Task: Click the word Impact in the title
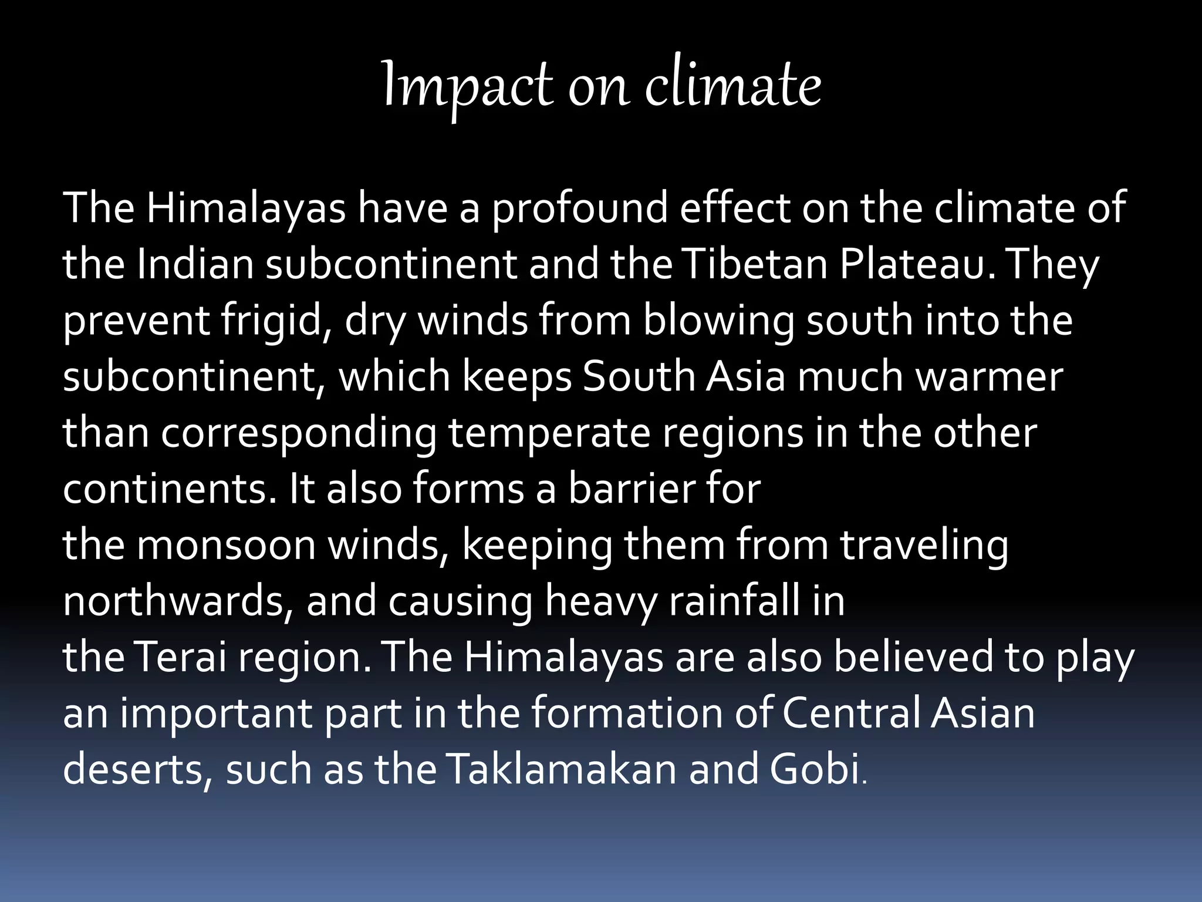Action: pos(467,86)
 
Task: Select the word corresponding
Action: pos(299,433)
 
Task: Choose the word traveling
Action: pos(924,545)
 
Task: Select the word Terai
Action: pos(181,657)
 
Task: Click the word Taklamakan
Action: pos(561,769)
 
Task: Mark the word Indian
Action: pos(195,264)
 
